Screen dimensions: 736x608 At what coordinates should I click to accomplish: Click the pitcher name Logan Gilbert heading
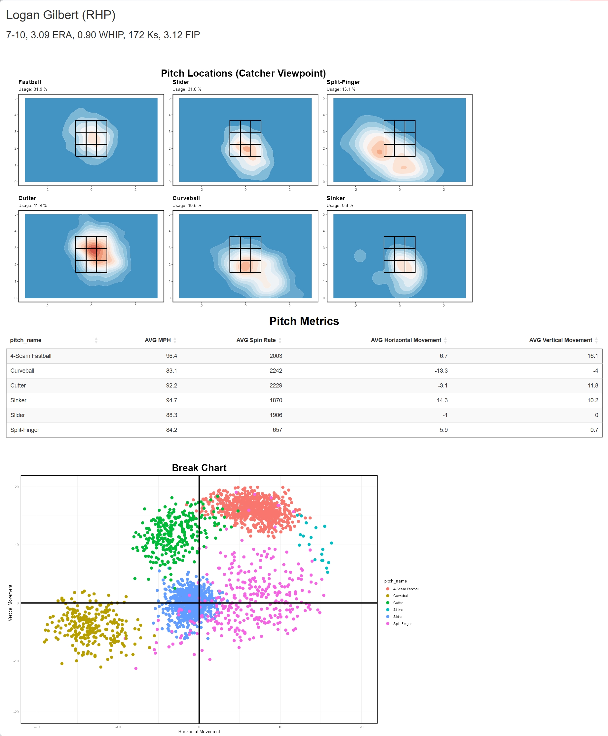pos(61,15)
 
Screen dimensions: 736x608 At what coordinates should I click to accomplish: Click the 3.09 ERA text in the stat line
pos(52,35)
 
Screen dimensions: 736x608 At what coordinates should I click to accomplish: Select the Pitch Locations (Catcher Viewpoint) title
pos(243,73)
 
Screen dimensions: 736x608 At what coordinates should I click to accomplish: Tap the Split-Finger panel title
pos(343,82)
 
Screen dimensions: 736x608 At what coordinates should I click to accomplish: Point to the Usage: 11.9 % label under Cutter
pos(32,206)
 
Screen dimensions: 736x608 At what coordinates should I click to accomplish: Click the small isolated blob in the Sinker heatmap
pos(360,256)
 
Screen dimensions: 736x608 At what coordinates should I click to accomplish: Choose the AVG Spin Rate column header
pos(256,340)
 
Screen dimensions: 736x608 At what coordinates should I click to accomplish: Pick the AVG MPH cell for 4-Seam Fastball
pos(171,356)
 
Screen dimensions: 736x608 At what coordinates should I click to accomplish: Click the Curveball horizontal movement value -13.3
pos(441,370)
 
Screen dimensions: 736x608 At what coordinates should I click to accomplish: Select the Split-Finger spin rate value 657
pos(277,430)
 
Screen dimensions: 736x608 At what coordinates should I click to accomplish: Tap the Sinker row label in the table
pos(18,400)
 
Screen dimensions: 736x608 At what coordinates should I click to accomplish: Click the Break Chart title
pos(199,468)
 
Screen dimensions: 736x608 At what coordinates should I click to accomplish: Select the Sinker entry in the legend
pos(398,610)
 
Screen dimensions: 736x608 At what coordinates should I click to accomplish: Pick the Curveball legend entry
pos(400,596)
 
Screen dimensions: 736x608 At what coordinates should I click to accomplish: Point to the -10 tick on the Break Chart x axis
pos(118,727)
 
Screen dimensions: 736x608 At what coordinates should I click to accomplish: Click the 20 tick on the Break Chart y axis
pos(16,487)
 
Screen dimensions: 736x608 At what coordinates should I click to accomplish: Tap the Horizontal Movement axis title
pos(199,731)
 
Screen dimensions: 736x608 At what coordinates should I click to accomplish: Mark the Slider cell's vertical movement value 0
pos(596,415)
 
